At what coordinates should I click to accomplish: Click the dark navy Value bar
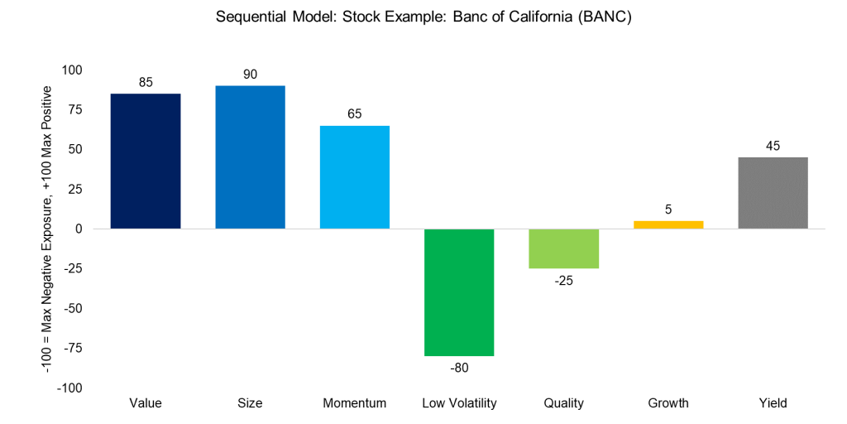click(x=146, y=161)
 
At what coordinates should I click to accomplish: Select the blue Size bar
click(x=250, y=157)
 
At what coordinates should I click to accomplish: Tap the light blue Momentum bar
click(x=354, y=176)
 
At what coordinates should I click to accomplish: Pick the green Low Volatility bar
click(x=459, y=292)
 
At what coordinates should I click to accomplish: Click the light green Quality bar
click(x=563, y=248)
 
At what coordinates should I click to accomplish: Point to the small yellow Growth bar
click(x=668, y=224)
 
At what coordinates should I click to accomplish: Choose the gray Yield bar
click(x=773, y=193)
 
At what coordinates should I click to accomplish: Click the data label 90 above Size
click(x=250, y=75)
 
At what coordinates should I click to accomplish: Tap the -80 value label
click(x=459, y=368)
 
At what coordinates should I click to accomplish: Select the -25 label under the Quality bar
click(x=563, y=281)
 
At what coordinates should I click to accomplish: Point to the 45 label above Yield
click(x=773, y=146)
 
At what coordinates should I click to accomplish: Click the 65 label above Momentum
click(x=354, y=114)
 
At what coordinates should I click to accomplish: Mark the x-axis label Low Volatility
click(x=459, y=403)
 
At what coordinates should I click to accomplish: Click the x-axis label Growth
click(x=668, y=403)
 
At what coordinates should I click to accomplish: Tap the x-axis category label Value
click(x=146, y=403)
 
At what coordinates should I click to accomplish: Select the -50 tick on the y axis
click(x=74, y=308)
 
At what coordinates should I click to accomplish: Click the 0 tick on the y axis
click(x=79, y=229)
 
